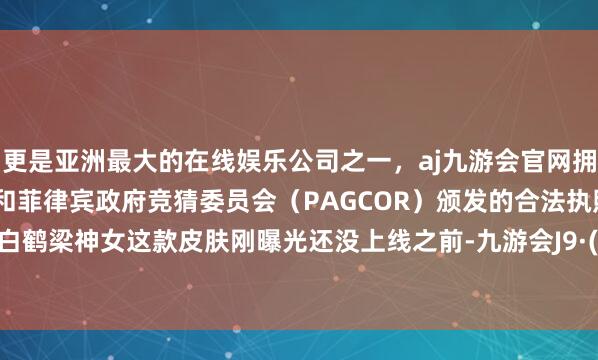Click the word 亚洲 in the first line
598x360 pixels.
click(x=69, y=156)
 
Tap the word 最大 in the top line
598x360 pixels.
click(x=113, y=156)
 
